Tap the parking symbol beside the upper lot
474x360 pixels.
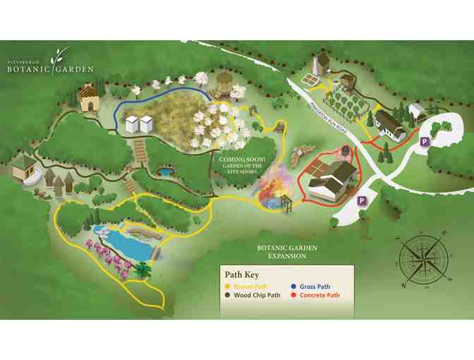coord(425,142)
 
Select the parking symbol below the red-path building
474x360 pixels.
coord(361,200)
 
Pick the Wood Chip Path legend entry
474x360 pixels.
coord(253,296)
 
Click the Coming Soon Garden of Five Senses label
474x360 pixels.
coord(242,164)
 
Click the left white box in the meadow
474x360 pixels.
coord(133,125)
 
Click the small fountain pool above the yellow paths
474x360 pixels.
coord(165,172)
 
